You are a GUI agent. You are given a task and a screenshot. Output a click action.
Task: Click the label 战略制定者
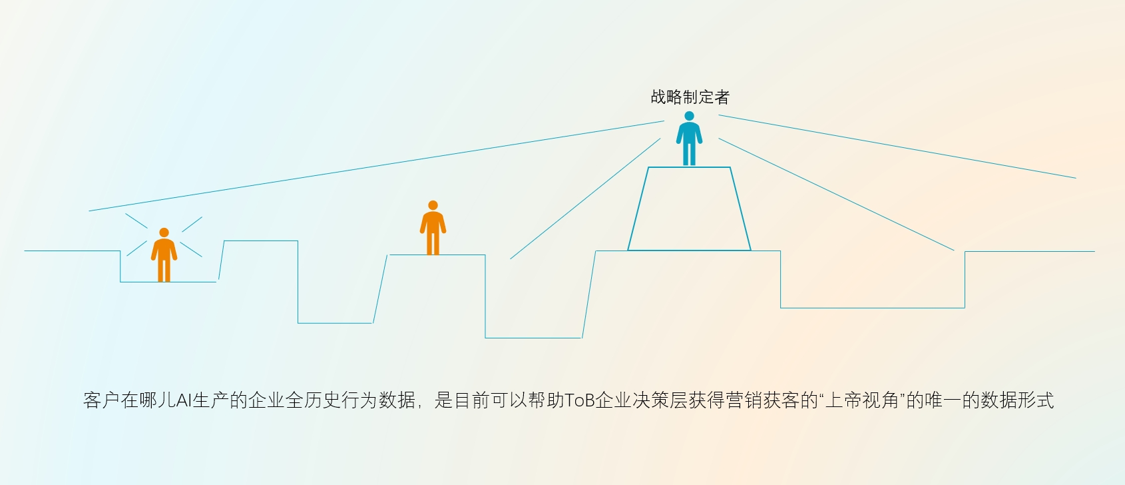[690, 97]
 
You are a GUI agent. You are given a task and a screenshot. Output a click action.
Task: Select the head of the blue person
[689, 116]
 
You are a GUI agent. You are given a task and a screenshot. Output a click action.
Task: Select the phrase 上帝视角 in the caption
[862, 400]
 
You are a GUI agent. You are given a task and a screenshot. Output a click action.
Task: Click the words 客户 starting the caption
[101, 400]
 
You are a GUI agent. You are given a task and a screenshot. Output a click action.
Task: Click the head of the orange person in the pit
[164, 233]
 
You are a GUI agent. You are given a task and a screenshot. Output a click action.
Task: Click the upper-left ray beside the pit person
[136, 221]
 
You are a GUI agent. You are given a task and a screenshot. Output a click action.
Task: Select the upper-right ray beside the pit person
[192, 224]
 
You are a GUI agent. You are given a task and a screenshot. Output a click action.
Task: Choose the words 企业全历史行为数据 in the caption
[331, 400]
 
